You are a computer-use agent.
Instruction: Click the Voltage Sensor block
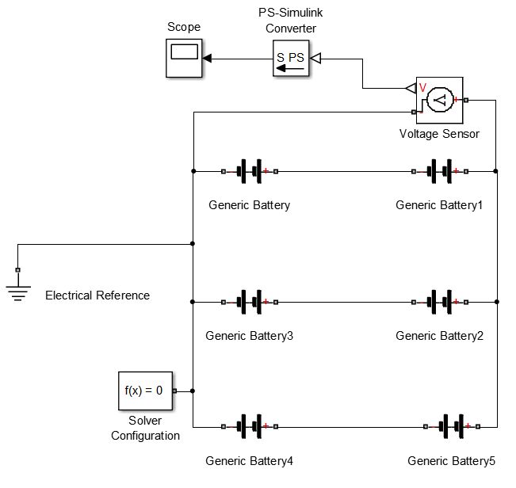(440, 99)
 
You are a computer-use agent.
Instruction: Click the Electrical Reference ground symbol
(17, 289)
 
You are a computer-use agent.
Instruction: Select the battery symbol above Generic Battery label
(250, 170)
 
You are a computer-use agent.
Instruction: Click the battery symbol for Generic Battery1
(440, 170)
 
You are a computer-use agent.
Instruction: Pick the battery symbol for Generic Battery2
(440, 302)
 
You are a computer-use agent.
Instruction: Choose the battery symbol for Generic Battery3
(250, 302)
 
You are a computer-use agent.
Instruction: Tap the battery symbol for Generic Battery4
(250, 427)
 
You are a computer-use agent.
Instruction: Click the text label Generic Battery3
(249, 336)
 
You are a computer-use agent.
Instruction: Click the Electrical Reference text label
(97, 295)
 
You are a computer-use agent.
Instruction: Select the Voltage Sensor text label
(439, 134)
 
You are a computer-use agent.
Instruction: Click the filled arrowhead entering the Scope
(206, 58)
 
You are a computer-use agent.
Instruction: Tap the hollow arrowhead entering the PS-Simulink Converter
(315, 58)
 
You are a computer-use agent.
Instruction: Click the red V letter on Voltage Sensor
(422, 88)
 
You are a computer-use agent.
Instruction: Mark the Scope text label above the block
(183, 28)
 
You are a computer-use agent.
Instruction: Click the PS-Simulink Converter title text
(290, 21)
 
